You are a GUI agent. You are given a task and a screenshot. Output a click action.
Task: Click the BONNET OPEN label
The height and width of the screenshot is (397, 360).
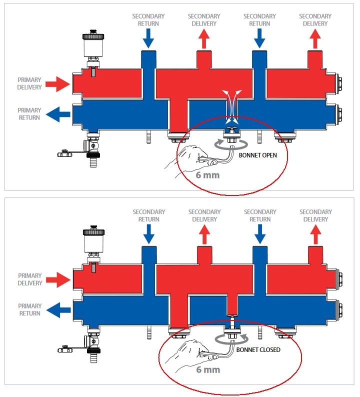click(258, 155)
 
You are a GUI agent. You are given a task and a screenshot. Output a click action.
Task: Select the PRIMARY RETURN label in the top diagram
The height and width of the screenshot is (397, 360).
click(29, 114)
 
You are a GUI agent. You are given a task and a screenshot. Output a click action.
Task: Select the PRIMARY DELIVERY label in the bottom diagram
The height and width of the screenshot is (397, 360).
click(29, 279)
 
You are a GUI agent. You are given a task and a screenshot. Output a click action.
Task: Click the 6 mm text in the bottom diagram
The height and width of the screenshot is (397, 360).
click(207, 370)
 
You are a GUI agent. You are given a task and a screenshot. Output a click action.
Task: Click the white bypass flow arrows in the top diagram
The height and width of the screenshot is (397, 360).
click(231, 107)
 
